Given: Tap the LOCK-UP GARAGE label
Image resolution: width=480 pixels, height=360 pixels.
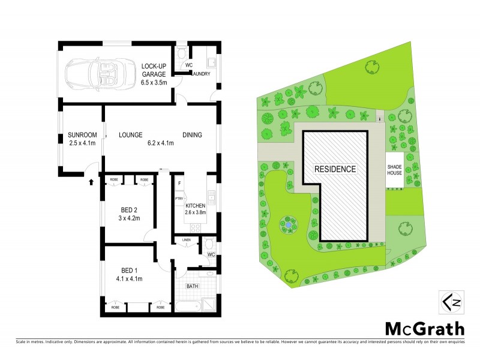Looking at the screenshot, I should point(154,70).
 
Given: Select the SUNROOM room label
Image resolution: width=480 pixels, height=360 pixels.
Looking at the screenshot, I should point(82,134).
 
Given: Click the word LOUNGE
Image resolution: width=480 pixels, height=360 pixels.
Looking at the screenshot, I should point(130,134).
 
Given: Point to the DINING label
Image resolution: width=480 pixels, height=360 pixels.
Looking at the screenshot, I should point(192,134).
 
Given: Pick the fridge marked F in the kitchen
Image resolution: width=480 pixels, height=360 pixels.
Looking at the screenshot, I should point(179,182).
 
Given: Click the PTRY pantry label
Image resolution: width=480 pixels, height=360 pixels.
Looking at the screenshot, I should point(178,199).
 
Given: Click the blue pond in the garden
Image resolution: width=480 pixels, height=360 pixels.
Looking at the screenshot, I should point(289,226).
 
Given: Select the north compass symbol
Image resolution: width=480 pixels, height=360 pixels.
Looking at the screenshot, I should point(449,302).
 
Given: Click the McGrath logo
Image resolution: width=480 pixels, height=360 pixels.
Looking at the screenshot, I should point(424,328).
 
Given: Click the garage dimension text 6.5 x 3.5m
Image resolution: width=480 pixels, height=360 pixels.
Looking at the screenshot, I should point(154,82).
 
